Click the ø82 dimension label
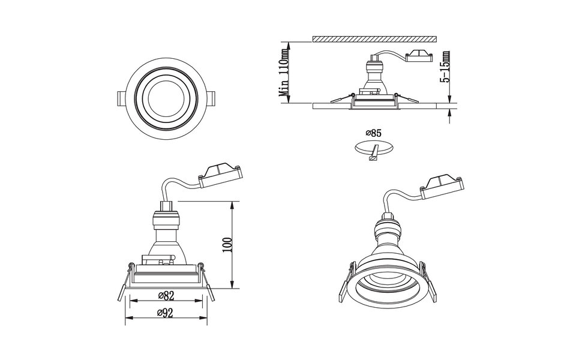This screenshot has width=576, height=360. tap(165, 295)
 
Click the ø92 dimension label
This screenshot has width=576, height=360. tap(165, 313)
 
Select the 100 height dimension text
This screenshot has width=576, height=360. tap(226, 245)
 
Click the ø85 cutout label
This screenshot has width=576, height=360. tap(374, 133)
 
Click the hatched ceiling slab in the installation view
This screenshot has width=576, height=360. tap(373, 38)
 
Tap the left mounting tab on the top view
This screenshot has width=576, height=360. tap(119, 98)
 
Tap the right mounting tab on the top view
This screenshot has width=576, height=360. tap(213, 98)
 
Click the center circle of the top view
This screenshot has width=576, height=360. tap(166, 98)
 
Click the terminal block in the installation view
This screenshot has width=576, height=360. tap(419, 57)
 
